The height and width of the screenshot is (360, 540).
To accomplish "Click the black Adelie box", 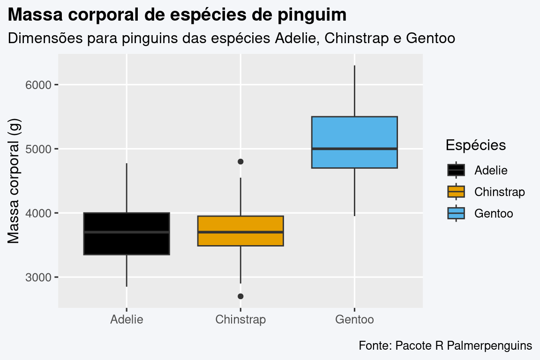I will click(x=127, y=244).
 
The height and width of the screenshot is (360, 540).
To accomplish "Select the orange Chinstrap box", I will click(x=240, y=239).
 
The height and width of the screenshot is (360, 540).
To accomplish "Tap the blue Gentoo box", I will click(x=354, y=134).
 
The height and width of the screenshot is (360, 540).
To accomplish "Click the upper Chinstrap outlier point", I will click(x=240, y=162).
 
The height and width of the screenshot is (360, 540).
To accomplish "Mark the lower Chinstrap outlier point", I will click(x=240, y=296).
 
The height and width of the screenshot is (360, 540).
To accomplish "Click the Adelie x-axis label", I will click(x=127, y=320).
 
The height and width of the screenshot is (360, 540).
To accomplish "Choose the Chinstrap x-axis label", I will click(x=240, y=320).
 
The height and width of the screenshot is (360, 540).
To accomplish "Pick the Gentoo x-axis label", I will click(x=354, y=320).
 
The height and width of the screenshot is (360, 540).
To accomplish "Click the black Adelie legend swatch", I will click(x=456, y=170).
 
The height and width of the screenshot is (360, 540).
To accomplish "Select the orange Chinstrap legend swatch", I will click(x=456, y=192).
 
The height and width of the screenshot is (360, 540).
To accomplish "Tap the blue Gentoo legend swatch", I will click(x=456, y=213).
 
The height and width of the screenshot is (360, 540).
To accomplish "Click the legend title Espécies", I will click(x=475, y=145).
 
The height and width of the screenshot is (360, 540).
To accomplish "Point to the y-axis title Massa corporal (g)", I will click(x=14, y=181).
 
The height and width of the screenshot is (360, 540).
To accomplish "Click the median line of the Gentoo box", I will click(x=354, y=149).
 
